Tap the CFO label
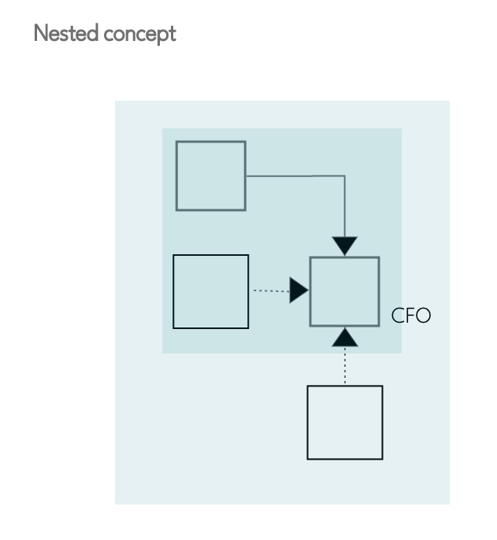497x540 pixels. pos(411,316)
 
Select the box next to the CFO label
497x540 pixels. pos(344,291)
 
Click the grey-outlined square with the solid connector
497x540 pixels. pos(210,176)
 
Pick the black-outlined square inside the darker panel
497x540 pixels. pos(210,291)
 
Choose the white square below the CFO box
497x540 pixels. pos(344,422)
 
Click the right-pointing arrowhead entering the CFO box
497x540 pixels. pos(299,290)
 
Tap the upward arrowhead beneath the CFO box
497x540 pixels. pos(344,338)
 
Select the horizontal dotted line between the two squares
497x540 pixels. pos(270,291)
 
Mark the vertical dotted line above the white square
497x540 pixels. pos(344,366)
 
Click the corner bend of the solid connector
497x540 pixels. pos(344,176)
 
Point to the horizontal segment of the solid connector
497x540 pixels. pos(295,176)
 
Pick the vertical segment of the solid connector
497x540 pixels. pos(344,206)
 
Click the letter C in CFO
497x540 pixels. pos(399,316)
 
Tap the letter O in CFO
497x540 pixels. pos(424,316)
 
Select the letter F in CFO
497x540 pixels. pos(410,316)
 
